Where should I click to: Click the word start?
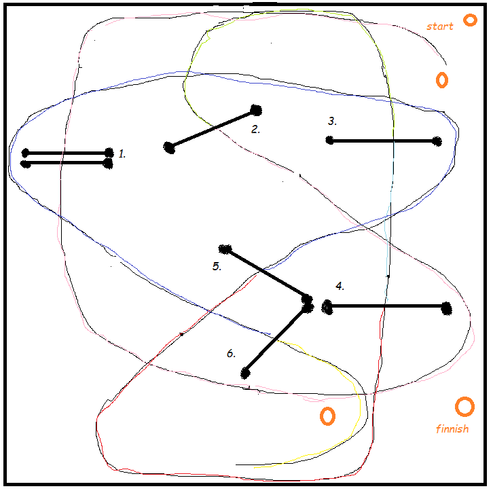click(x=439, y=26)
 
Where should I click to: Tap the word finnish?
click(x=452, y=429)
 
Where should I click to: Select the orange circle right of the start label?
click(x=470, y=20)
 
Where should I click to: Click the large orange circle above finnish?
click(x=464, y=407)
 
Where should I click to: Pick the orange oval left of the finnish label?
click(x=327, y=416)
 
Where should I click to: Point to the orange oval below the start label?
click(x=441, y=80)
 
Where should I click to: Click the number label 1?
click(x=122, y=154)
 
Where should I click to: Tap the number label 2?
click(x=255, y=129)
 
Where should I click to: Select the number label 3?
click(x=332, y=122)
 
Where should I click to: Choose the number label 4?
click(x=340, y=286)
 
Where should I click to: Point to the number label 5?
click(x=217, y=266)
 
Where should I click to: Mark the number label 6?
click(x=231, y=354)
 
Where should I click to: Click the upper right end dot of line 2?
click(x=256, y=110)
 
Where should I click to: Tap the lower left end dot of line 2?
click(x=169, y=147)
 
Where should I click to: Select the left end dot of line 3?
click(x=329, y=141)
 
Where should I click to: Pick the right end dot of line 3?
click(x=437, y=141)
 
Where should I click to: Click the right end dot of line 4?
click(x=446, y=308)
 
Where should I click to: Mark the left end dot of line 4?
click(x=327, y=307)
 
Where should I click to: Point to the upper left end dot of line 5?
click(x=225, y=249)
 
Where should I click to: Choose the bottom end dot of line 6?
click(x=245, y=373)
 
